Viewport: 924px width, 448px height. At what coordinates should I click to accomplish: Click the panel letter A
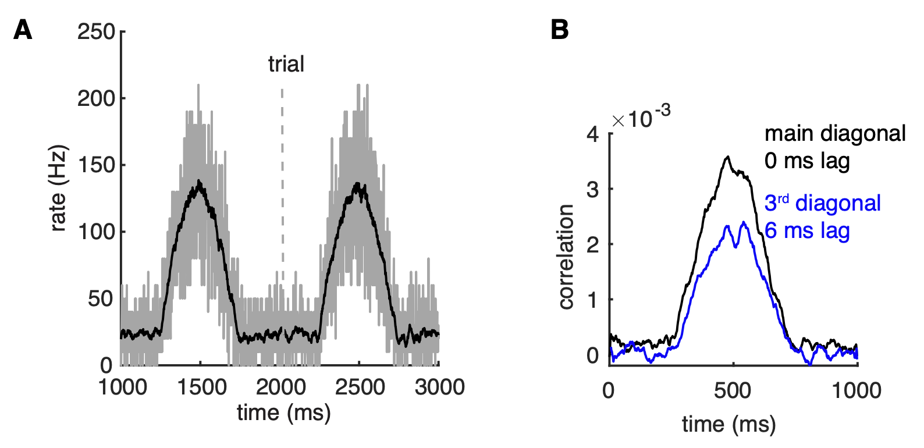point(23,30)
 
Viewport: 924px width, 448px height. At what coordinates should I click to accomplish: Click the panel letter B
point(559,30)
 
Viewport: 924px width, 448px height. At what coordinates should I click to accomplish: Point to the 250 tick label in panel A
point(97,31)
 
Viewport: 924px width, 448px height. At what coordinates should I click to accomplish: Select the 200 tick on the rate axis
point(97,98)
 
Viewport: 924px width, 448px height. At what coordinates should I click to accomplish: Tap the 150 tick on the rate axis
point(97,165)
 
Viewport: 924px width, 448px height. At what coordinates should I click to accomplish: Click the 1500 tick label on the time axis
point(201,387)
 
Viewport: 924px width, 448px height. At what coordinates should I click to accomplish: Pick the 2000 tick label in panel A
point(281,387)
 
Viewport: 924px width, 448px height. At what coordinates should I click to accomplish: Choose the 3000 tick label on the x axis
point(439,387)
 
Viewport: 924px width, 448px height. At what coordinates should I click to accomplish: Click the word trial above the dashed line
point(286,64)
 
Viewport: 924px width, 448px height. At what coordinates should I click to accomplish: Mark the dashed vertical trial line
point(282,175)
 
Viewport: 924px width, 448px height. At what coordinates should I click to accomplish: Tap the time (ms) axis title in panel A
point(283,413)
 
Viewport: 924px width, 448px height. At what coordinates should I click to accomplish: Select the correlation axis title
point(566,257)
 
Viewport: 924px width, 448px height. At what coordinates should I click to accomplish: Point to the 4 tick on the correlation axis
point(593,134)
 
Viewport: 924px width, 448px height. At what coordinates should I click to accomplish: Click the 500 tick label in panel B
point(733,390)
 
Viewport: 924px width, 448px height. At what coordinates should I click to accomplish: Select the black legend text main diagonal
point(835,134)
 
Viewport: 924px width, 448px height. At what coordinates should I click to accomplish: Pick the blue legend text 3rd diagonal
point(822,203)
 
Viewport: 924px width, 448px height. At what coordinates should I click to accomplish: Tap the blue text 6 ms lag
point(807,230)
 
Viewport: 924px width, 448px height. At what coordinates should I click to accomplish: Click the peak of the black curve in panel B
point(727,157)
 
